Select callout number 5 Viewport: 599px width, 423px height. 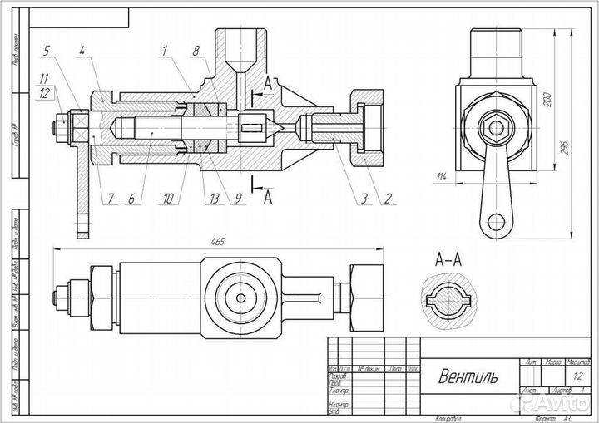pyautogui.click(x=46, y=52)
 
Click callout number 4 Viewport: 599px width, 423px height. pyautogui.click(x=81, y=52)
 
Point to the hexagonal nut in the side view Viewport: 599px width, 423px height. pyautogui.click(x=498, y=128)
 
